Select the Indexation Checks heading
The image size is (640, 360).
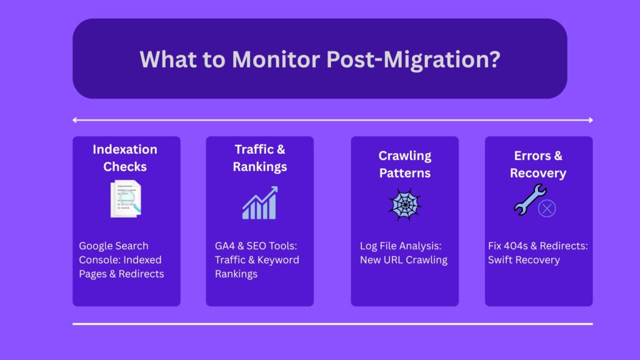pos(125,157)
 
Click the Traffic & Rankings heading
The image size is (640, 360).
pos(260,157)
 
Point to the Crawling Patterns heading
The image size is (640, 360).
pos(405,164)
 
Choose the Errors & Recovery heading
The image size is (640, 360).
pos(538,164)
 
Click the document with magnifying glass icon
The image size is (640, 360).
pos(126,199)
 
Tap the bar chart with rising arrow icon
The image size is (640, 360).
pos(259,202)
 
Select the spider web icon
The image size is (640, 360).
pos(404,204)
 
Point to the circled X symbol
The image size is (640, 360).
pos(547,209)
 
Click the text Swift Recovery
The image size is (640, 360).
pos(524,259)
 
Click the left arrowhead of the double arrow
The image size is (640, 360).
pos(75,120)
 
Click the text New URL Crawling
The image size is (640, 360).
pos(403,259)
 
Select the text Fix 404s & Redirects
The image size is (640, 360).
pos(537,246)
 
